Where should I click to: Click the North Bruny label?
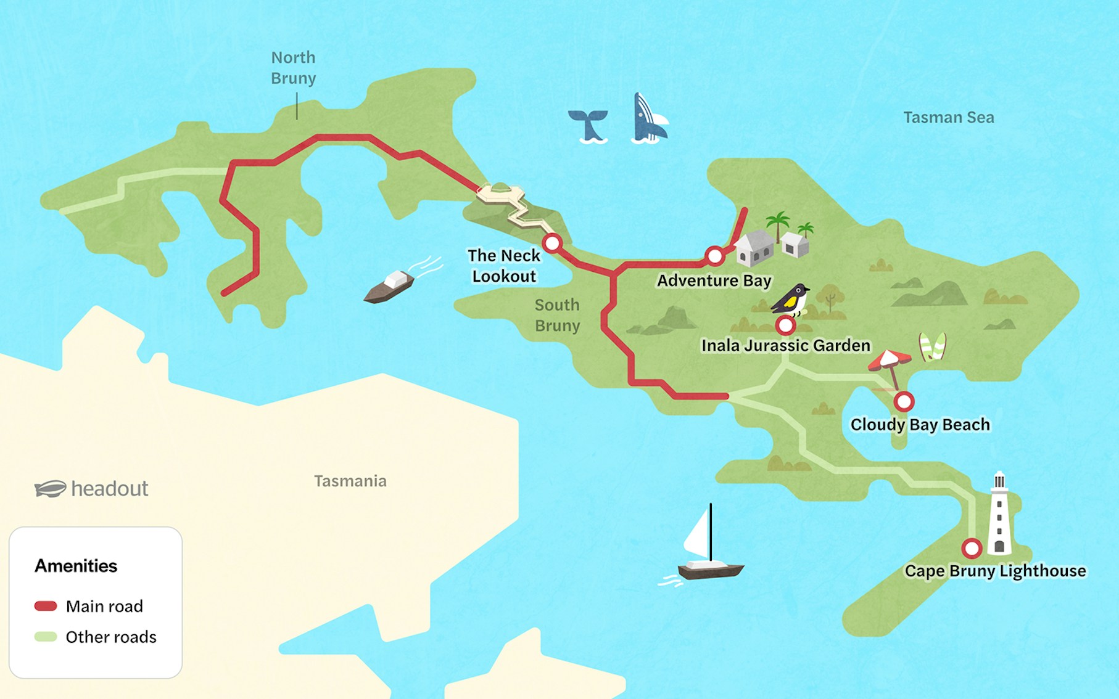pos(294,68)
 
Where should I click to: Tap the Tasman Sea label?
pos(948,117)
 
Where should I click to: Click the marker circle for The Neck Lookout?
pos(552,243)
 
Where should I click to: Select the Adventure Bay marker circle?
pos(714,255)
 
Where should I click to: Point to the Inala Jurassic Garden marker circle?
pos(785,324)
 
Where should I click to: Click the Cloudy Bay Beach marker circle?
pos(904,402)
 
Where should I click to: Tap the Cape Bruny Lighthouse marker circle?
pos(972,547)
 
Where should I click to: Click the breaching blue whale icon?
pos(648,120)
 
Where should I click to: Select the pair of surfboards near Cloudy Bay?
pos(932,347)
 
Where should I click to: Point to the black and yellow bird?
pos(792,300)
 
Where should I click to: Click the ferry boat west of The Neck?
pos(390,287)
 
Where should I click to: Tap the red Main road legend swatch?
pos(46,606)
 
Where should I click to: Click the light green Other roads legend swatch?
pos(46,637)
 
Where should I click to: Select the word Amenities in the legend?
pos(76,566)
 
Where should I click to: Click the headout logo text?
pos(109,489)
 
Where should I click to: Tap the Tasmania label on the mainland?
pos(350,481)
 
